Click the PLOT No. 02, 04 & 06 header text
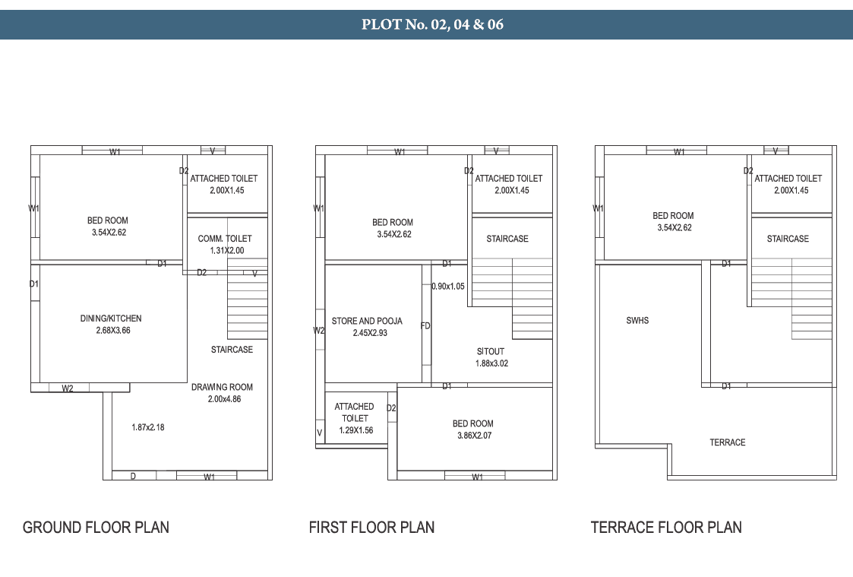point(432,24)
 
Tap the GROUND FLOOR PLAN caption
point(96,528)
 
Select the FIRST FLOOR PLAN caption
point(371,528)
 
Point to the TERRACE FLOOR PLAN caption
point(666,528)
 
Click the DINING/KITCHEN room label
point(111,319)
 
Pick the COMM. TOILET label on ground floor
point(225,239)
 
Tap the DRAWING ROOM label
point(222,387)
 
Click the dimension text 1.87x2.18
point(148,427)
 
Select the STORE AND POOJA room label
point(367,321)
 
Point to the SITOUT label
point(491,352)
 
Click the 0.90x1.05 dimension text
point(448,287)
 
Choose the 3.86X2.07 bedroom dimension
point(475,436)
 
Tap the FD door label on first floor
point(425,325)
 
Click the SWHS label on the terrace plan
point(637,321)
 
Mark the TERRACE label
point(728,442)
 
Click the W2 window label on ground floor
point(68,388)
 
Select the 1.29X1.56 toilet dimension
point(356,430)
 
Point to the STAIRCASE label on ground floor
point(232,350)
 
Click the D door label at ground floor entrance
point(133,477)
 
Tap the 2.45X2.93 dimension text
point(370,333)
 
